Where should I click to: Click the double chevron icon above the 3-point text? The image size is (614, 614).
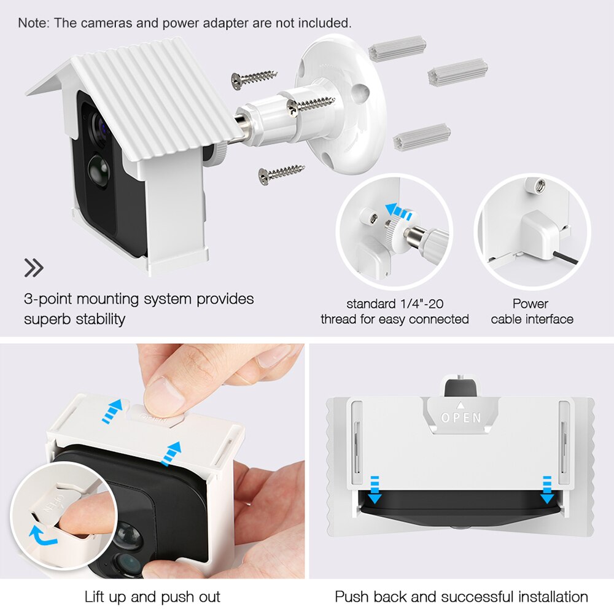[x=34, y=268]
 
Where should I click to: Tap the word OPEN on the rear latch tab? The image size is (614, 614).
[x=460, y=418]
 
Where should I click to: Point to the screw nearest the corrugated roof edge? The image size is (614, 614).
[x=253, y=79]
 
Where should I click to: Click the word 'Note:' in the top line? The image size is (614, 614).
[x=34, y=23]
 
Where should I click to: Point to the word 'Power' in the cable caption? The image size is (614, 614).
[x=530, y=303]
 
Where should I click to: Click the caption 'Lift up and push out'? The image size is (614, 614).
[x=152, y=596]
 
